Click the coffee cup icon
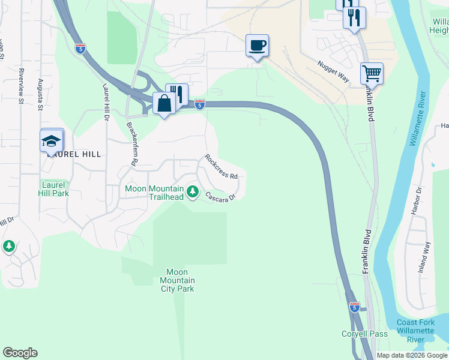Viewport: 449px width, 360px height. click(x=257, y=46)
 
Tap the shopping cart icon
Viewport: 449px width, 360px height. click(x=372, y=74)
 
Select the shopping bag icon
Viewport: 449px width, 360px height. click(x=164, y=104)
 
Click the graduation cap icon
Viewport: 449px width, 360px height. click(x=52, y=142)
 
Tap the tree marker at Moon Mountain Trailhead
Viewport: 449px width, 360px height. click(x=193, y=192)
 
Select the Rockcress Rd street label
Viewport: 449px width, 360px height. click(x=221, y=167)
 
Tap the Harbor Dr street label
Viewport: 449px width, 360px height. click(x=420, y=198)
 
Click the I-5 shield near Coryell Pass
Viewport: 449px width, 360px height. click(x=354, y=307)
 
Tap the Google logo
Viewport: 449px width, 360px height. click(x=20, y=353)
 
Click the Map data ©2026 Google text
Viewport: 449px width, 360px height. click(x=412, y=355)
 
